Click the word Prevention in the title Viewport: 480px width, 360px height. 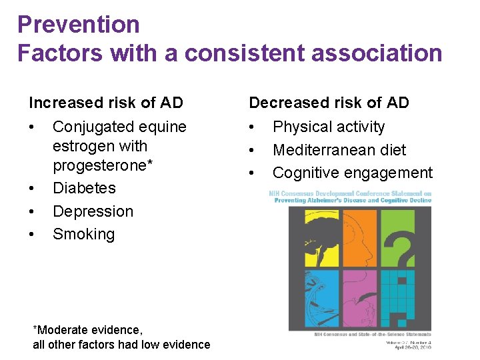pos(79,25)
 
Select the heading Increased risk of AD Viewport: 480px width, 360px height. pos(106,103)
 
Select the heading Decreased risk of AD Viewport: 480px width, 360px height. pos(329,103)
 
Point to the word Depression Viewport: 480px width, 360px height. pos(93,211)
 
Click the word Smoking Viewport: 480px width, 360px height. pos(83,234)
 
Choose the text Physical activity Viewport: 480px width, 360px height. pos(329,127)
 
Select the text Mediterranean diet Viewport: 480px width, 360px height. pos(339,150)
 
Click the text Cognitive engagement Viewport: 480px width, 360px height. pos(352,173)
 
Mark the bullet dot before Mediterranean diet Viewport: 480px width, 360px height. pos(252,151)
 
